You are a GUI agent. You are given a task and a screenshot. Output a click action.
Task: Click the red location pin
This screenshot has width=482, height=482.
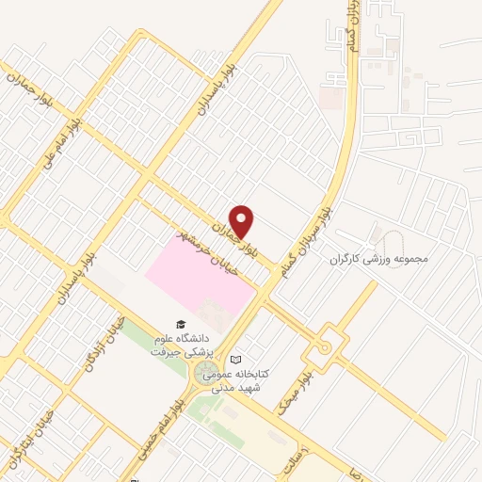pyautogui.click(x=242, y=221)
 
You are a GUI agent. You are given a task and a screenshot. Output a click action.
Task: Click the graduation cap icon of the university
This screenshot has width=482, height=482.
pyautogui.click(x=181, y=324)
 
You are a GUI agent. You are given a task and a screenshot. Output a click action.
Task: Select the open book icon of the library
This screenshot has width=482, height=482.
pyautogui.click(x=235, y=360)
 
